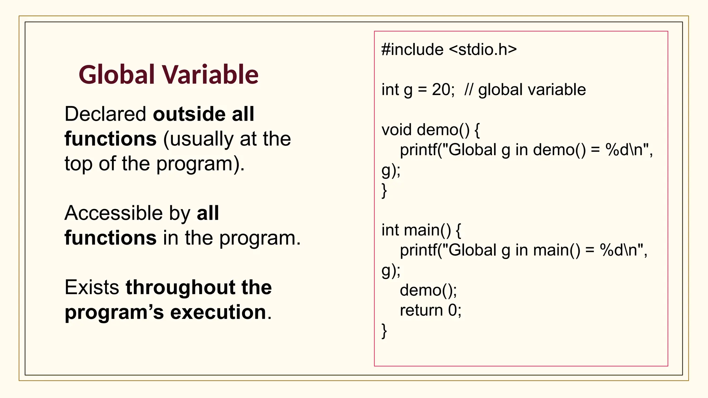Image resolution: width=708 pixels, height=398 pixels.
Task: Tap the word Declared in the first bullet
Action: (x=105, y=114)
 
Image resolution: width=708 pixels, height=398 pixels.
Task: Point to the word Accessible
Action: (x=113, y=213)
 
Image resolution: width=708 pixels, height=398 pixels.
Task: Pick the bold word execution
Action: (x=218, y=312)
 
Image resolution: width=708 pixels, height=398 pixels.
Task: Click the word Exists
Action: (x=92, y=287)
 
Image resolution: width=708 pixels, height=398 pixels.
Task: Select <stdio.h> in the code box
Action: (x=483, y=50)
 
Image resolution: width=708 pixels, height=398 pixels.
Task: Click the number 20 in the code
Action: (x=441, y=90)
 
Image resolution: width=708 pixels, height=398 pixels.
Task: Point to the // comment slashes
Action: (x=469, y=90)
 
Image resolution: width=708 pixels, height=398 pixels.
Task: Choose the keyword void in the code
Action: (x=397, y=130)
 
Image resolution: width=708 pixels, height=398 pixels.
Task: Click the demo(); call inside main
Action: (x=428, y=290)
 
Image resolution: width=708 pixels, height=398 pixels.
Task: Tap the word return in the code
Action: (x=421, y=310)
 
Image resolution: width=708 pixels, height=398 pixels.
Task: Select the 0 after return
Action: (x=453, y=310)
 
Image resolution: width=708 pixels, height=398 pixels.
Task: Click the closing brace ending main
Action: (x=384, y=331)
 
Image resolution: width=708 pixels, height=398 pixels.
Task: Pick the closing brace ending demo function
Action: (x=384, y=190)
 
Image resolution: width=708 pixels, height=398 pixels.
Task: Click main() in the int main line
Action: (x=427, y=230)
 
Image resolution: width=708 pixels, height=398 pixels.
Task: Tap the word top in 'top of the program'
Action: (x=78, y=164)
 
